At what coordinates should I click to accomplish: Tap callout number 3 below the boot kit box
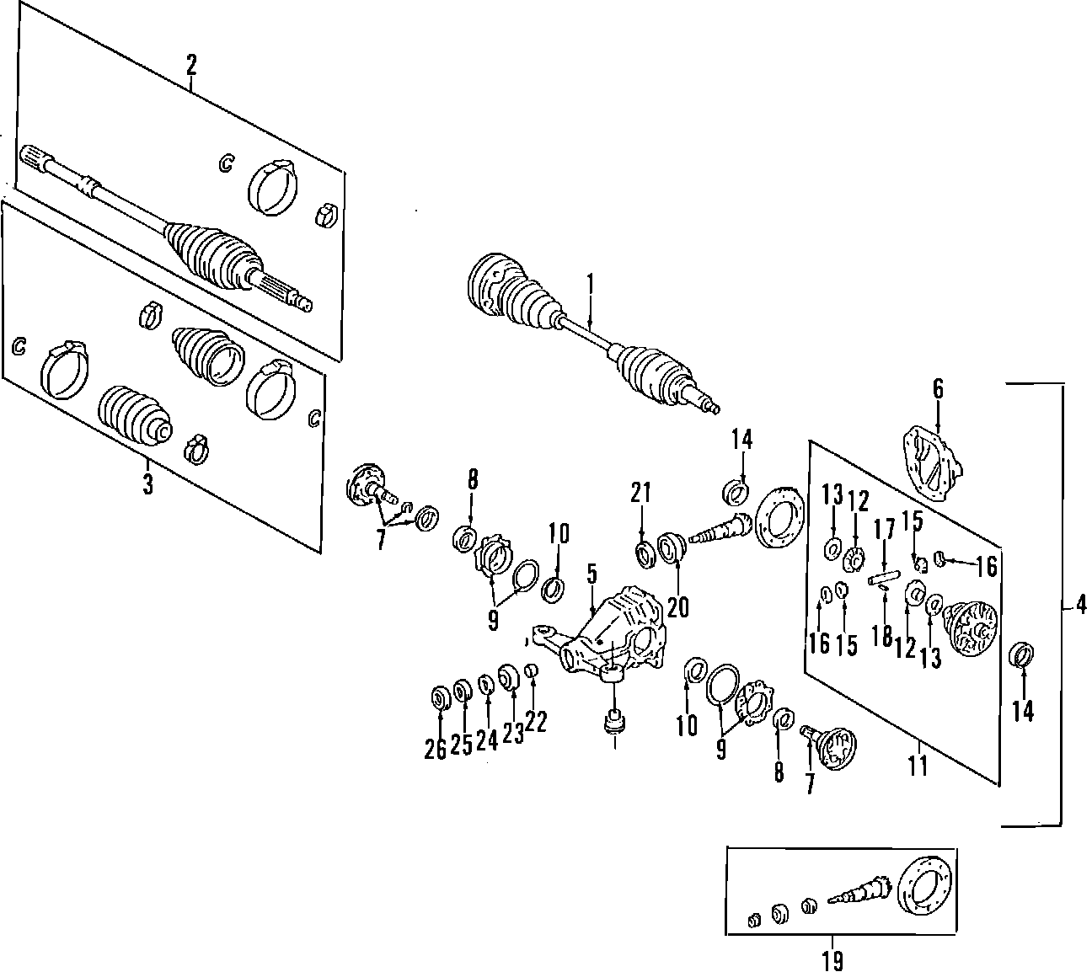pyautogui.click(x=147, y=484)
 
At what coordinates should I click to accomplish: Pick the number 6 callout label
pyautogui.click(x=938, y=388)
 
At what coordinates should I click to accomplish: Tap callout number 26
pyautogui.click(x=435, y=746)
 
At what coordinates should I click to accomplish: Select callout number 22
pyautogui.click(x=536, y=721)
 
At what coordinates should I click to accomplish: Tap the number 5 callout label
pyautogui.click(x=592, y=577)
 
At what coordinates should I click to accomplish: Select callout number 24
pyautogui.click(x=487, y=740)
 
